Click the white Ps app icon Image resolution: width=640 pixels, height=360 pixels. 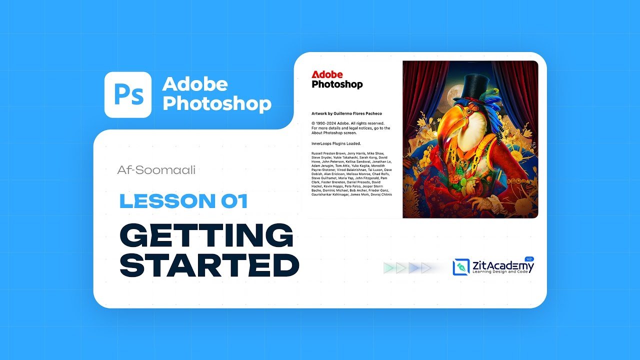(x=127, y=94)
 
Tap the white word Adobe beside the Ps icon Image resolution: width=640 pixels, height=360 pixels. (x=195, y=84)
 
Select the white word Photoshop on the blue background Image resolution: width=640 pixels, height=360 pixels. (x=217, y=103)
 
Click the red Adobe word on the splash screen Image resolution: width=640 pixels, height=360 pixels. (x=327, y=74)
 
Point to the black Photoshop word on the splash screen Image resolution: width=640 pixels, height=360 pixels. (x=337, y=84)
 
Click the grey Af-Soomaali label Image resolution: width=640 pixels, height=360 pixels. (x=156, y=170)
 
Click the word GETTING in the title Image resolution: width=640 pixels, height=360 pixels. (x=206, y=235)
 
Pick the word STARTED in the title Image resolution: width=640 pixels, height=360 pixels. (x=209, y=265)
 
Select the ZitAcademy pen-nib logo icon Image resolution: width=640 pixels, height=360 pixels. (x=461, y=267)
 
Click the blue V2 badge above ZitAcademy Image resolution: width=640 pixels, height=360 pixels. (x=530, y=258)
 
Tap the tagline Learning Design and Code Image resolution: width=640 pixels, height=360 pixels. (x=499, y=271)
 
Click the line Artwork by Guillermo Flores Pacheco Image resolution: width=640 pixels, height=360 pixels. (x=346, y=113)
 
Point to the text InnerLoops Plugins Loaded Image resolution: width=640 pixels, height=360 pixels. (x=336, y=143)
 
